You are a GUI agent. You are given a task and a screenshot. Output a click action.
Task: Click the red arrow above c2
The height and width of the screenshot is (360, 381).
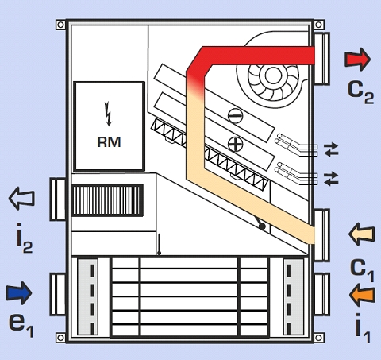click(357, 60)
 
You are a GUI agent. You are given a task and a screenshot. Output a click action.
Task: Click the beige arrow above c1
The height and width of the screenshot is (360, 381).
click(362, 234)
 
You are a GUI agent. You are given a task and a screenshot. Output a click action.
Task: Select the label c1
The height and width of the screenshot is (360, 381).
click(362, 269)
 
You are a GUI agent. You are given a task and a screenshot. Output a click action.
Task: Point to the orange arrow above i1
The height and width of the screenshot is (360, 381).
click(362, 295)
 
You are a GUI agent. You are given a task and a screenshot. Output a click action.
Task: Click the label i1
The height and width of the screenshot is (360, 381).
click(363, 328)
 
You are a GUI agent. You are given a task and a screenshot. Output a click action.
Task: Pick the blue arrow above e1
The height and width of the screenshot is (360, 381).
click(19, 293)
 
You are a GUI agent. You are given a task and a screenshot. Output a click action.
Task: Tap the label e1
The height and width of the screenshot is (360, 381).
click(21, 324)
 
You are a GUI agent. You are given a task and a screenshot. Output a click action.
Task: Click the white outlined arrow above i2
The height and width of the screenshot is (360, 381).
click(21, 199)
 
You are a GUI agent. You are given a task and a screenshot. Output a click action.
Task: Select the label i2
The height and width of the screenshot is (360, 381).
click(25, 238)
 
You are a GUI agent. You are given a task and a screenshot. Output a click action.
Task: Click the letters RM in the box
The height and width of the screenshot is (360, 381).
click(109, 141)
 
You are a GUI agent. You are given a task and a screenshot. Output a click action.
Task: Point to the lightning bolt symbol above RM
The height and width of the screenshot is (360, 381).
click(108, 114)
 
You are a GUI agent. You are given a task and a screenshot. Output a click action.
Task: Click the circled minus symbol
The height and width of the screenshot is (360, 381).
click(235, 115)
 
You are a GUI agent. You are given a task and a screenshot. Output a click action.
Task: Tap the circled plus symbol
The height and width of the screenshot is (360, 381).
click(235, 144)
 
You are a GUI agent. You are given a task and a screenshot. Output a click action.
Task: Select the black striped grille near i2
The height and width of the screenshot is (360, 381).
click(108, 200)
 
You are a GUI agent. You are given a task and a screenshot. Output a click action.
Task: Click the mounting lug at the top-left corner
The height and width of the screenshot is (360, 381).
click(60, 25)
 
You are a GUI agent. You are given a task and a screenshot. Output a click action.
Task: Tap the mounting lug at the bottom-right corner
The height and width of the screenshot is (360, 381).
click(319, 338)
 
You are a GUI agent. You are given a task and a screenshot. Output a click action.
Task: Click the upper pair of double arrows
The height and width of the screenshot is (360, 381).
click(331, 149)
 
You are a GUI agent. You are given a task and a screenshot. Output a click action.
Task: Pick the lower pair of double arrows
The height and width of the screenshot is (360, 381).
click(331, 179)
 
